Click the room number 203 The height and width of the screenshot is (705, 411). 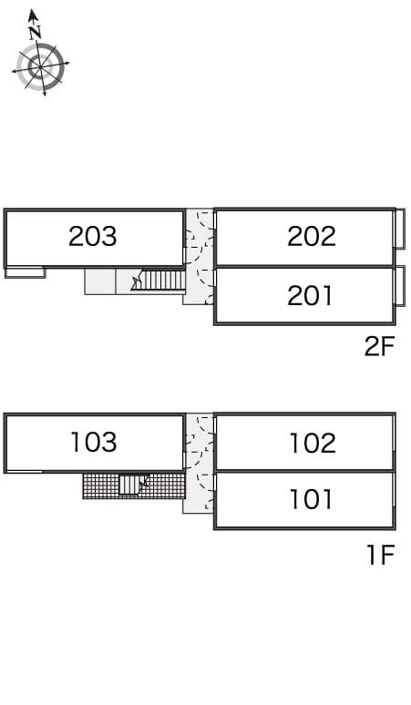(92, 236)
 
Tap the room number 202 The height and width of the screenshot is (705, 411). (312, 236)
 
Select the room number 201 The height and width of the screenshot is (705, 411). (310, 296)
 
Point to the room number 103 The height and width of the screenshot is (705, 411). (94, 442)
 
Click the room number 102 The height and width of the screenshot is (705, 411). (313, 443)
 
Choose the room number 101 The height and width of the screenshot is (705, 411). (311, 499)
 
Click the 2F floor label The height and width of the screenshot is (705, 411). (379, 346)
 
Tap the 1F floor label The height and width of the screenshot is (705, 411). (380, 555)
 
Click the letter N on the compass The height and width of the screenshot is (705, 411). (35, 32)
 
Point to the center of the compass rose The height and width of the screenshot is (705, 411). (40, 66)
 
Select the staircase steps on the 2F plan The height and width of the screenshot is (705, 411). (163, 281)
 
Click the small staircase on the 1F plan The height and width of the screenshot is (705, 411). (133, 485)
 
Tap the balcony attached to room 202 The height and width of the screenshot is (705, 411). (400, 228)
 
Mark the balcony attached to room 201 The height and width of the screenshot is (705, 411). (400, 286)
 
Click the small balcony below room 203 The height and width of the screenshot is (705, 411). (26, 272)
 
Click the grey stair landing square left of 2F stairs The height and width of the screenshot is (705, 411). (100, 281)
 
